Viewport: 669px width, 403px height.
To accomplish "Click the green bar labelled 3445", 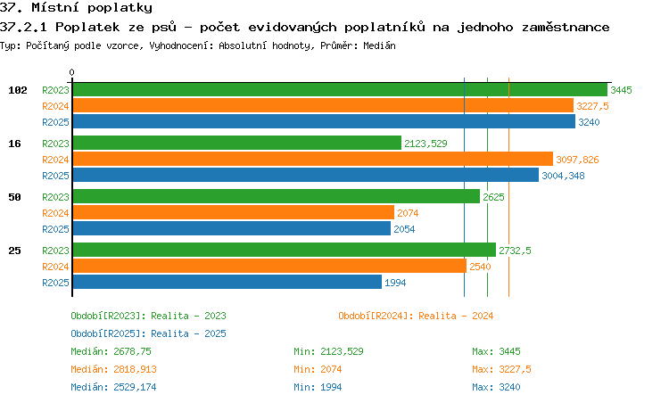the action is pos(340,90).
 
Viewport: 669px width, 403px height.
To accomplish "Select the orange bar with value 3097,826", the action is pos(313,159).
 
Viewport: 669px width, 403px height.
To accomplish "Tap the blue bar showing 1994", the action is pos(227,282).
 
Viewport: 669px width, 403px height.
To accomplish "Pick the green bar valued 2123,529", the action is pos(237,144).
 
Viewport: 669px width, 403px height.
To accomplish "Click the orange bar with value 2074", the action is pos(234,212).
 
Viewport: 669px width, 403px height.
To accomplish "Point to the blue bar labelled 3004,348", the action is pos(306,175).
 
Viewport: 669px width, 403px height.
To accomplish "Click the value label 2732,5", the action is pos(515,251).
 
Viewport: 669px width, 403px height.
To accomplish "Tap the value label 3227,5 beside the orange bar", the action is pos(592,106).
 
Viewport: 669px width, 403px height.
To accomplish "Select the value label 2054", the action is pos(404,229).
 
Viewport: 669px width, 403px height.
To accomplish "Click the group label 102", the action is pos(18,90).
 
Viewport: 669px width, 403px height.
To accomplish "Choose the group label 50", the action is pos(14,197).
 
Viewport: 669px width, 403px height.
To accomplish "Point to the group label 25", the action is pos(14,251).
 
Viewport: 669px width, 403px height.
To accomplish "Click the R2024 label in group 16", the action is pos(55,160).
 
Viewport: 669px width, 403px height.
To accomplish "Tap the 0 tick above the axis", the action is pos(71,72).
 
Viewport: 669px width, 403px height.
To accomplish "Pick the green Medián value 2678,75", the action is pos(132,351).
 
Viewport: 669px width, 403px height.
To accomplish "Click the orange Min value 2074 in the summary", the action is pos(331,369).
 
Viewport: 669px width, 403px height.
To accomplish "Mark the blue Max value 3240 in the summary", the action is pos(509,387).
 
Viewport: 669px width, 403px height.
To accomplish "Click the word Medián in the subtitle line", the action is pos(379,45).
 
